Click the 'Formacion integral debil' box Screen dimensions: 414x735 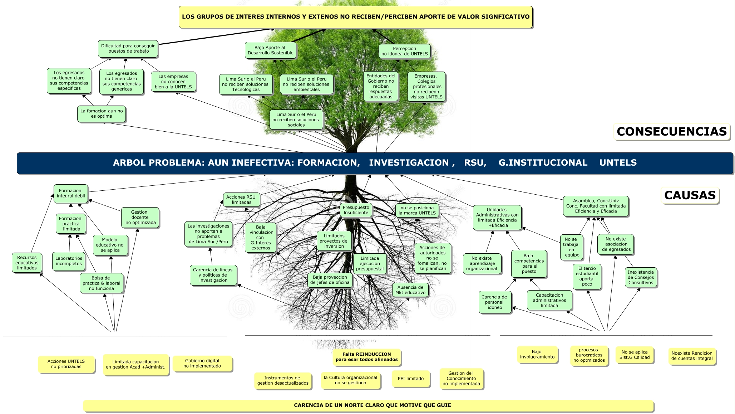click(x=71, y=194)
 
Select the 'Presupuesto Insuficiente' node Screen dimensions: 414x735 click(x=356, y=210)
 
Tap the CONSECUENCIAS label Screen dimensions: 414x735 click(x=671, y=132)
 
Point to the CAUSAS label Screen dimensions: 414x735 click(x=690, y=195)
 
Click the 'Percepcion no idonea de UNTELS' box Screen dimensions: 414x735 click(x=404, y=51)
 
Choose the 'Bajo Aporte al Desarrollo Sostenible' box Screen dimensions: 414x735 click(x=270, y=50)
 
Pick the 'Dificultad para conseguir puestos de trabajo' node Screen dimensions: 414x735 click(x=128, y=49)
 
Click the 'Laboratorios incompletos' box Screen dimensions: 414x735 click(x=69, y=261)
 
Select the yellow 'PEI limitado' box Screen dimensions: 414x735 click(x=410, y=379)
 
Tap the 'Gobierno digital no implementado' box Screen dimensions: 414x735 click(x=202, y=364)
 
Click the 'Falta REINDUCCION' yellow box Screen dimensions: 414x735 click(x=366, y=357)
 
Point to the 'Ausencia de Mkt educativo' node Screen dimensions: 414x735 click(x=410, y=290)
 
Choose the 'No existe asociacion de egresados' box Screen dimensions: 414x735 click(x=615, y=244)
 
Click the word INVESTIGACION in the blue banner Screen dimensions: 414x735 click(x=409, y=163)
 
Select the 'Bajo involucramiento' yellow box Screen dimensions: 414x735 click(x=537, y=354)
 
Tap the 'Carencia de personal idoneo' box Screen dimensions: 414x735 click(x=495, y=302)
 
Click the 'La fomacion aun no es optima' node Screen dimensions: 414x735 click(x=102, y=114)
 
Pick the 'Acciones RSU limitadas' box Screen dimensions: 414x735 click(x=241, y=200)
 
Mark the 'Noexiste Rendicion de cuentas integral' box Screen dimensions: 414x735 click(x=692, y=356)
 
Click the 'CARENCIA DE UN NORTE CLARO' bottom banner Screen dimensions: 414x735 click(x=368, y=405)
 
